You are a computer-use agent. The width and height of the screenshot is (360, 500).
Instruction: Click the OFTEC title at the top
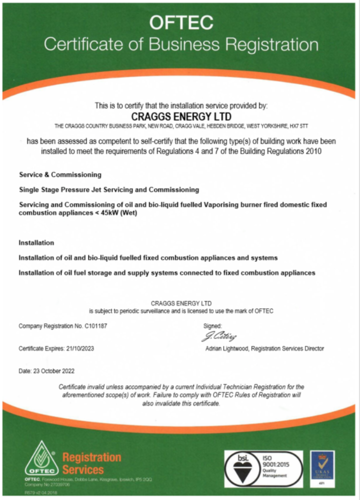(x=180, y=22)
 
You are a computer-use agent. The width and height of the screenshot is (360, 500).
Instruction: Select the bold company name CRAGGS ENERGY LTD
(x=181, y=116)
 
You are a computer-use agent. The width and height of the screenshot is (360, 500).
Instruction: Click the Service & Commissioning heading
(x=60, y=175)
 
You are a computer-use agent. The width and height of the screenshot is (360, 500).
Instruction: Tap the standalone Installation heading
(x=36, y=243)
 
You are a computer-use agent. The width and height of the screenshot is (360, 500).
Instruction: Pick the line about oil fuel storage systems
(x=166, y=273)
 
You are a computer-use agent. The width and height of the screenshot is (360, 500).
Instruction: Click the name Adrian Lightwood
(x=229, y=348)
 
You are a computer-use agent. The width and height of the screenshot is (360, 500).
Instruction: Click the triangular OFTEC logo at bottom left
(x=42, y=459)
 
